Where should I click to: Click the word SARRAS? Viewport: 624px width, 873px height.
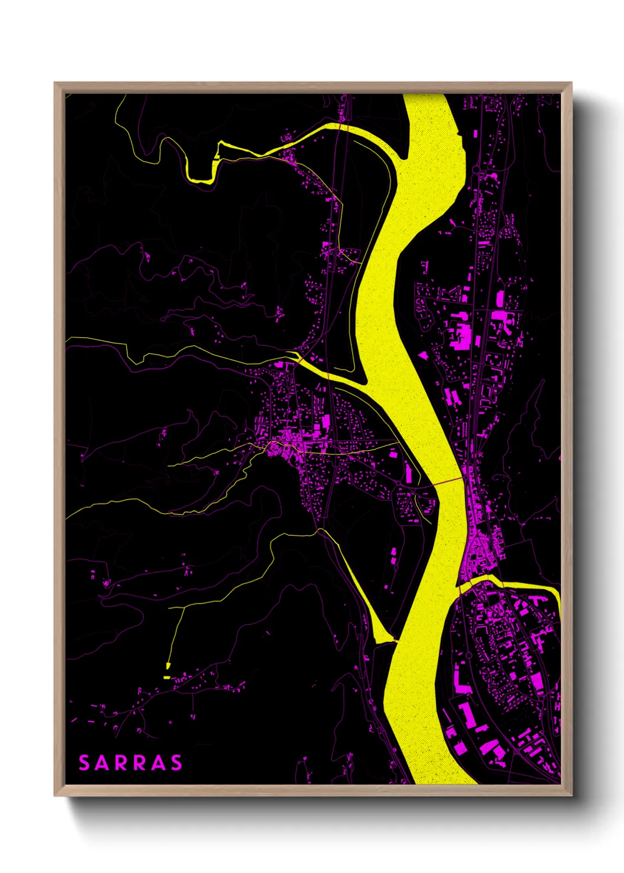coord(130,763)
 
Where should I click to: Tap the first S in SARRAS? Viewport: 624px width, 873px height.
coord(84,763)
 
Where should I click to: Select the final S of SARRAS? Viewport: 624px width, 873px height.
coord(176,763)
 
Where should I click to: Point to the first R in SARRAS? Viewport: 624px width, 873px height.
coord(121,763)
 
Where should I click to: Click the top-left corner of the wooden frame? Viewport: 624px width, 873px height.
coord(55,83)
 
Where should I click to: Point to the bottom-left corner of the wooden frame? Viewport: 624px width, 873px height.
coord(55,795)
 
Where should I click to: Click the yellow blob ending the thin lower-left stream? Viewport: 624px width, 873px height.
coord(166,666)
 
